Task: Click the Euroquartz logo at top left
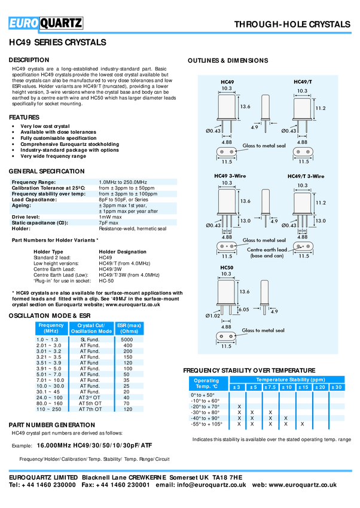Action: pos(45,24)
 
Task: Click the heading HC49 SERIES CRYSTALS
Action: pos(57,42)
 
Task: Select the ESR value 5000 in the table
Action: pos(127,339)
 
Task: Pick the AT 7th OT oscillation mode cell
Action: pos(90,409)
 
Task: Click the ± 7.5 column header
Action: pos(270,387)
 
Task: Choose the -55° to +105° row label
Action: pos(207,424)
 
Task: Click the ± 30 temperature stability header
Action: pos(337,387)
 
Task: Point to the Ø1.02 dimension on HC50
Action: pos(213,316)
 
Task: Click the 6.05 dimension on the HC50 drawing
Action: pos(243,310)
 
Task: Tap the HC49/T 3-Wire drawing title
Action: pos(306,176)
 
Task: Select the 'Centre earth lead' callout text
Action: pos(267,250)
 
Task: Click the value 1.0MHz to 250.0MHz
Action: pos(123,182)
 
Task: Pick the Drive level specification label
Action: pos(26,217)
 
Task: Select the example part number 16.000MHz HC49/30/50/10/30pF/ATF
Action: pos(94,445)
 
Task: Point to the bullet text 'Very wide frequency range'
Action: pos(53,156)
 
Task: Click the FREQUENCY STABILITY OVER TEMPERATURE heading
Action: pos(249,371)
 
